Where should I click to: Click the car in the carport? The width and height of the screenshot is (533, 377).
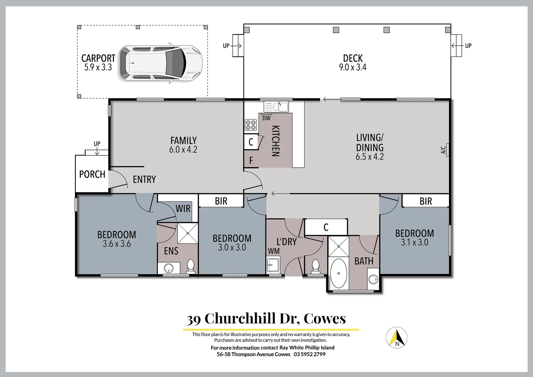(160, 63)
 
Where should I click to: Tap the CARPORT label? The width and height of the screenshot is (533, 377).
(98, 58)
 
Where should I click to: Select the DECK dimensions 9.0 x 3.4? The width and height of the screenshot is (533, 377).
(353, 67)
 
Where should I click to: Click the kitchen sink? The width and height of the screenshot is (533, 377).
(276, 106)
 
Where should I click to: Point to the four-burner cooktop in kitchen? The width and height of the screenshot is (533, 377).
(251, 125)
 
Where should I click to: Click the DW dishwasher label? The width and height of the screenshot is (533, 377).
(266, 118)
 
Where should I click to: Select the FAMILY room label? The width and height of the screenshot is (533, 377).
(183, 140)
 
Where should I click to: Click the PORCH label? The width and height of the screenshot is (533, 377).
(92, 174)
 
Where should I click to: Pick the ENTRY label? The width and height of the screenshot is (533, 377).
(144, 179)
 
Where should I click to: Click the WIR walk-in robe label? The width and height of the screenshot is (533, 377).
(183, 209)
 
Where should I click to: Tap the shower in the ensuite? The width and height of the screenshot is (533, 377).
(188, 233)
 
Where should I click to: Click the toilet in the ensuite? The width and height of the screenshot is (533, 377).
(191, 266)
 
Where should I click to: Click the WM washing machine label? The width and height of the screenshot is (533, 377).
(273, 251)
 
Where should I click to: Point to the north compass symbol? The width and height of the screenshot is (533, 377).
(397, 338)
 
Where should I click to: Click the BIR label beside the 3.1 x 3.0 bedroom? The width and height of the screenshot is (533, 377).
(426, 201)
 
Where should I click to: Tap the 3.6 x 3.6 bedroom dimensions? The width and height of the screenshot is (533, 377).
(117, 244)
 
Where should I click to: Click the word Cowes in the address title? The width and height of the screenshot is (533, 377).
(324, 318)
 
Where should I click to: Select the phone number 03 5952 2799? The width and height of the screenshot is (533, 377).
(309, 354)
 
